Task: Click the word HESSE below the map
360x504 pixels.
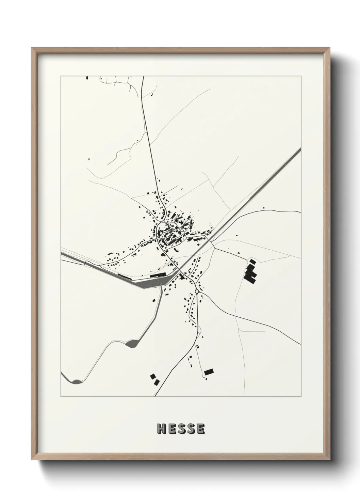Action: (x=181, y=429)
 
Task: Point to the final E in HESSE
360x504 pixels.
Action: (x=200, y=429)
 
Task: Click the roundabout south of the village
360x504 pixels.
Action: (x=197, y=292)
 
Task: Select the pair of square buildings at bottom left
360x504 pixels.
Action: (x=155, y=379)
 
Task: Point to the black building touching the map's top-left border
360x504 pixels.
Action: (x=87, y=78)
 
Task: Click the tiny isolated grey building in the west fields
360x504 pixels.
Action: (x=89, y=159)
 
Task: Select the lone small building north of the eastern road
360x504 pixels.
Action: (x=263, y=208)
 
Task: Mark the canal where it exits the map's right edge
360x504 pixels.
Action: (x=299, y=150)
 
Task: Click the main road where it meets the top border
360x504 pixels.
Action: (x=143, y=77)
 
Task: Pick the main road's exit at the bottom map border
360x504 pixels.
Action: (x=155, y=396)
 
